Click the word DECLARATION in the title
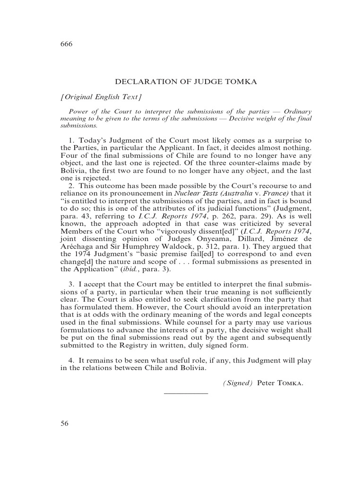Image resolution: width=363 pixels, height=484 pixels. tap(144, 82)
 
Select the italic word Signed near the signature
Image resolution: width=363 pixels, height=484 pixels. tap(238, 383)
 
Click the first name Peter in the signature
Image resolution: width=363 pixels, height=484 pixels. tap(266, 383)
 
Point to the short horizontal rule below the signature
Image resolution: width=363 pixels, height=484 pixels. tap(186, 393)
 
